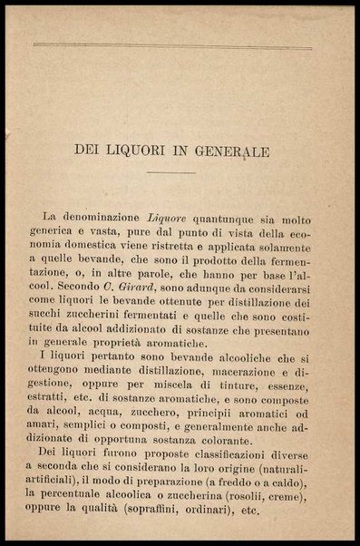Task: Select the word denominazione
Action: (x=102, y=218)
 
